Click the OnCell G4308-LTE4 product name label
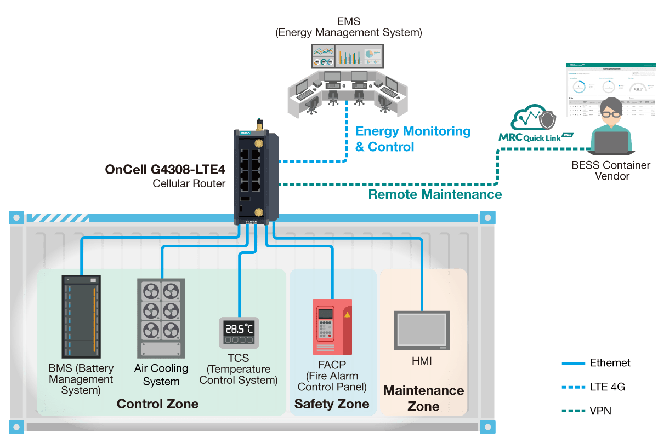(x=165, y=169)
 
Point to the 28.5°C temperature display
(x=239, y=329)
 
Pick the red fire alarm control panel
(x=332, y=327)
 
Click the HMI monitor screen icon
(x=422, y=331)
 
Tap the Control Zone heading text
(x=157, y=404)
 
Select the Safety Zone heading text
(x=332, y=404)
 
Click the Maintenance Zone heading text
(x=423, y=398)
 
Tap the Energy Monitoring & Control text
(x=412, y=139)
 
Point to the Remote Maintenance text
(x=435, y=194)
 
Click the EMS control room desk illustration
(x=347, y=90)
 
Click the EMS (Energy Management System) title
(x=348, y=27)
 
